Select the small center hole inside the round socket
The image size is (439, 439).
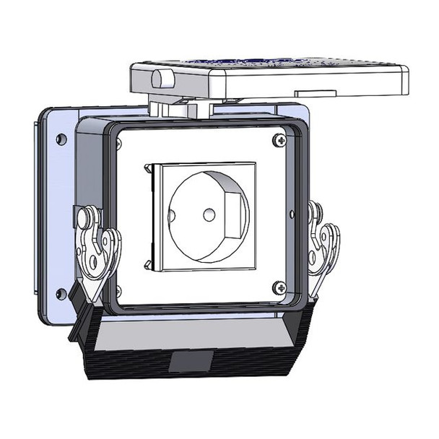(x=209, y=214)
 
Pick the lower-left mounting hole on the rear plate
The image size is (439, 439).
(x=61, y=294)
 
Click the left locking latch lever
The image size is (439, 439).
(x=97, y=249)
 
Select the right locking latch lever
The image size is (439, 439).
(x=323, y=245)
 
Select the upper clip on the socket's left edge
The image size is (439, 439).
(x=148, y=169)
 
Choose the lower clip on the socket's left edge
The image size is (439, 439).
(x=148, y=264)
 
